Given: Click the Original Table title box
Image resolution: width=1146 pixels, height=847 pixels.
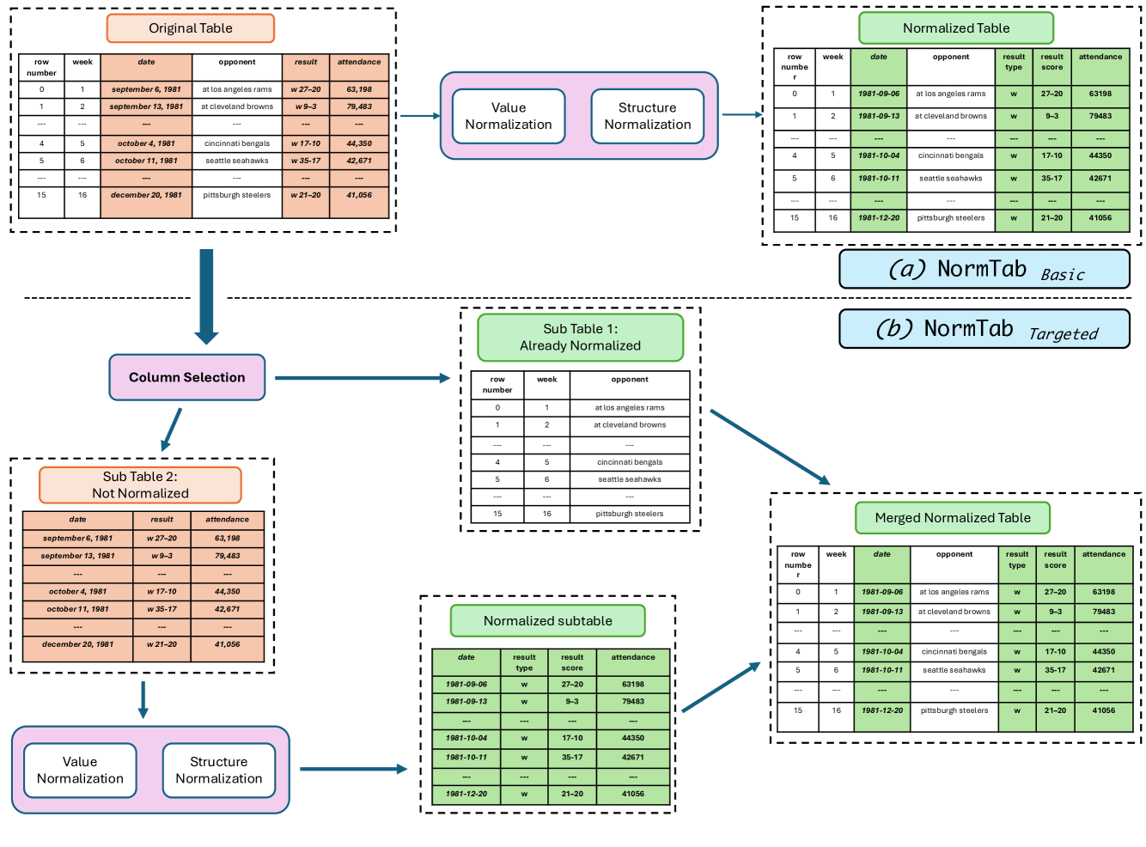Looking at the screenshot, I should coord(190,28).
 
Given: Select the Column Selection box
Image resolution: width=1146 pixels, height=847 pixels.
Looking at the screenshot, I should coord(186,377).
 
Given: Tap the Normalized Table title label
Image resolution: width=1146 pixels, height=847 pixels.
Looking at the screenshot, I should coord(955,28).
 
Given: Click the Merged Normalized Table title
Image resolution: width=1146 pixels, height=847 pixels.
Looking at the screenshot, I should coord(952,518).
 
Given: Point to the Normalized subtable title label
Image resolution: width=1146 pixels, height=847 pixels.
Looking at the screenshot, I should coord(547,621).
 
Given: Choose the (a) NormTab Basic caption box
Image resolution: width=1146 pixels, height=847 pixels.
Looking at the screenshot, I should coord(984,270).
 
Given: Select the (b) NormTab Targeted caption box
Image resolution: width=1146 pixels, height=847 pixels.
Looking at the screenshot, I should coord(984,329).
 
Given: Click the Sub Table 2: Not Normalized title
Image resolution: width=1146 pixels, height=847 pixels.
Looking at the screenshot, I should coord(140,485).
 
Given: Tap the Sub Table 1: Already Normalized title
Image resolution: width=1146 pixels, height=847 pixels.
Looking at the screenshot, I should coord(580,338).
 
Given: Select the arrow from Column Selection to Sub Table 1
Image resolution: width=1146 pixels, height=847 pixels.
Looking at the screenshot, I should coord(361,378).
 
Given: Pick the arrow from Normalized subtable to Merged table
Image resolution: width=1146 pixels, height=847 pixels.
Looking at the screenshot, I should coord(722,687).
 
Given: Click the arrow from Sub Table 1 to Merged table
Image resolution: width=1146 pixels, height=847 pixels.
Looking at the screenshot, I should coord(770,448).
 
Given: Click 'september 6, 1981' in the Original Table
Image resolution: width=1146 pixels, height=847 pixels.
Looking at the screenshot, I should coord(146,89).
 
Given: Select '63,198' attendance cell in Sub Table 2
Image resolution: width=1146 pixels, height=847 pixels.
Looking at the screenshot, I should coord(227,539).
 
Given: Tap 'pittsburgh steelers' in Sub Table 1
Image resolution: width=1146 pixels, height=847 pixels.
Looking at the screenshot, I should coord(630,514).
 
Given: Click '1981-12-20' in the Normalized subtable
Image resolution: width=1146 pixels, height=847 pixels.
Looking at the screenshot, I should coord(466,794).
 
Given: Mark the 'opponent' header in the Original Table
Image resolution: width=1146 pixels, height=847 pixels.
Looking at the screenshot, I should coord(237,63).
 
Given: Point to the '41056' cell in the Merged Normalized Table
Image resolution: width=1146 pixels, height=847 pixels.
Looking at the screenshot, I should coord(1104,710).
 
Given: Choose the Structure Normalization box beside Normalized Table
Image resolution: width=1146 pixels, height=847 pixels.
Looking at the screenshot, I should coord(647,116).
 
